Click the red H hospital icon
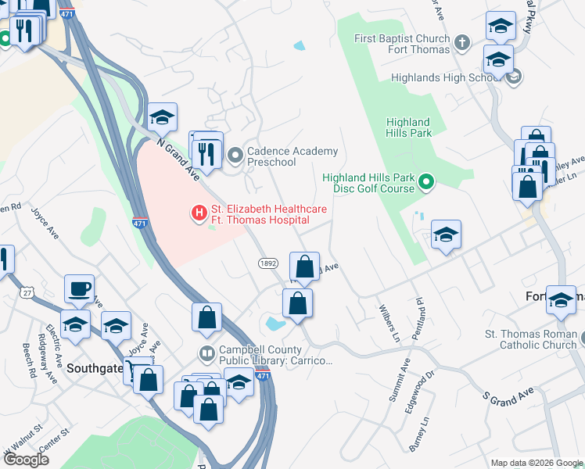point(199,212)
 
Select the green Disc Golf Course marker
point(426,184)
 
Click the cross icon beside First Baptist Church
point(462,42)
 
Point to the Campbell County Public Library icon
point(206,354)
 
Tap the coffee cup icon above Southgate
point(79,288)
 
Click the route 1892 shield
point(268,263)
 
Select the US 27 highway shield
point(27,292)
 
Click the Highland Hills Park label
point(408,127)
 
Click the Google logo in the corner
point(26,460)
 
